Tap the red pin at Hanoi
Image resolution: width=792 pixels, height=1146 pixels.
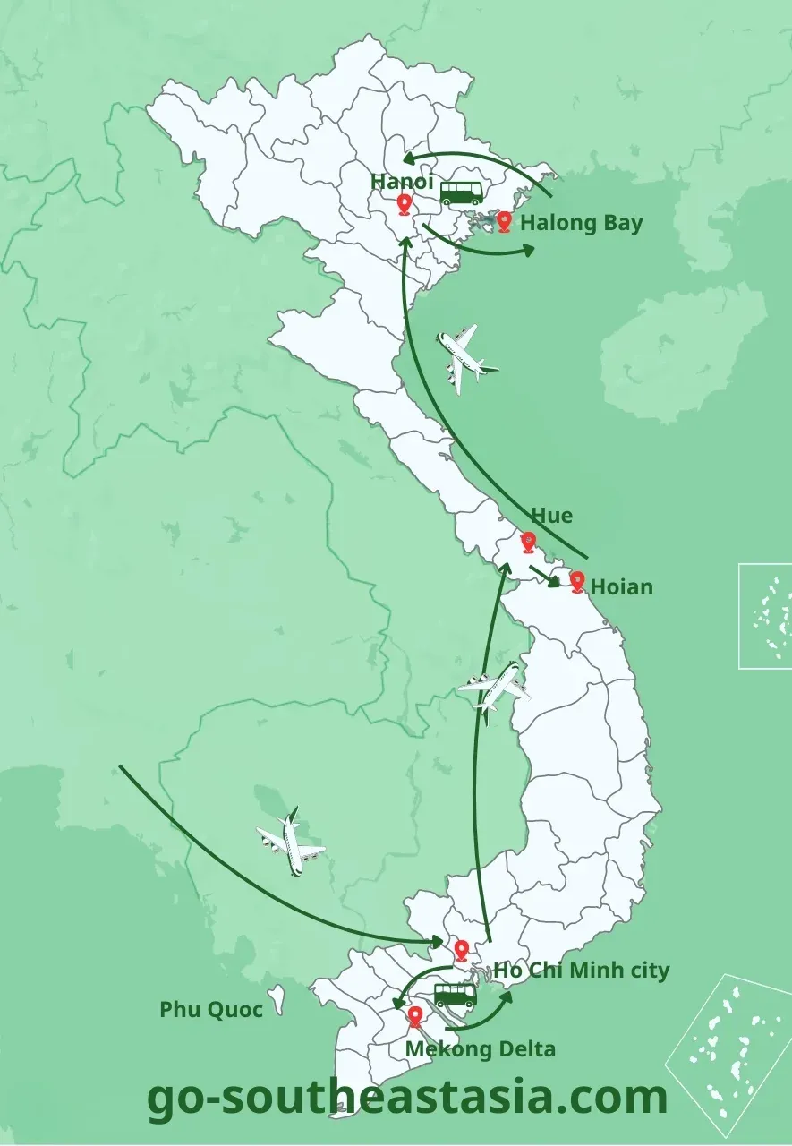click(404, 205)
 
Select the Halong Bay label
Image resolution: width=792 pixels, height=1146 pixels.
click(581, 223)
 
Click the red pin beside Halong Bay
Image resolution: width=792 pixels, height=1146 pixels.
click(505, 221)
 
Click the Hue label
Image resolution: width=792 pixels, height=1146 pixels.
click(551, 516)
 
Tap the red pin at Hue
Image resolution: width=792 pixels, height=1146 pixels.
click(528, 543)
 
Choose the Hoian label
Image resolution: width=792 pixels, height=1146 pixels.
click(622, 587)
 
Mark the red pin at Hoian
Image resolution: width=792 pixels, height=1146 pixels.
click(577, 583)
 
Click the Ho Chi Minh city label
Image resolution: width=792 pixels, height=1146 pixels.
click(581, 971)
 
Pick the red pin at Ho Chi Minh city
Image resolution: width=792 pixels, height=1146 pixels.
click(462, 951)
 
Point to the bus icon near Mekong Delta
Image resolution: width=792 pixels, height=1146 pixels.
click(455, 995)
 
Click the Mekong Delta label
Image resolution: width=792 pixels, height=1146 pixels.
click(481, 1049)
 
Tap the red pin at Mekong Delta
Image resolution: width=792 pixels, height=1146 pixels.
click(415, 1017)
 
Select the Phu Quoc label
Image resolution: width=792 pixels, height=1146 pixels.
click(211, 1010)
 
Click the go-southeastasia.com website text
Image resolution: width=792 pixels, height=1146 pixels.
click(407, 1097)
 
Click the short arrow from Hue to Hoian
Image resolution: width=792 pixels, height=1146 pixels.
click(544, 575)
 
